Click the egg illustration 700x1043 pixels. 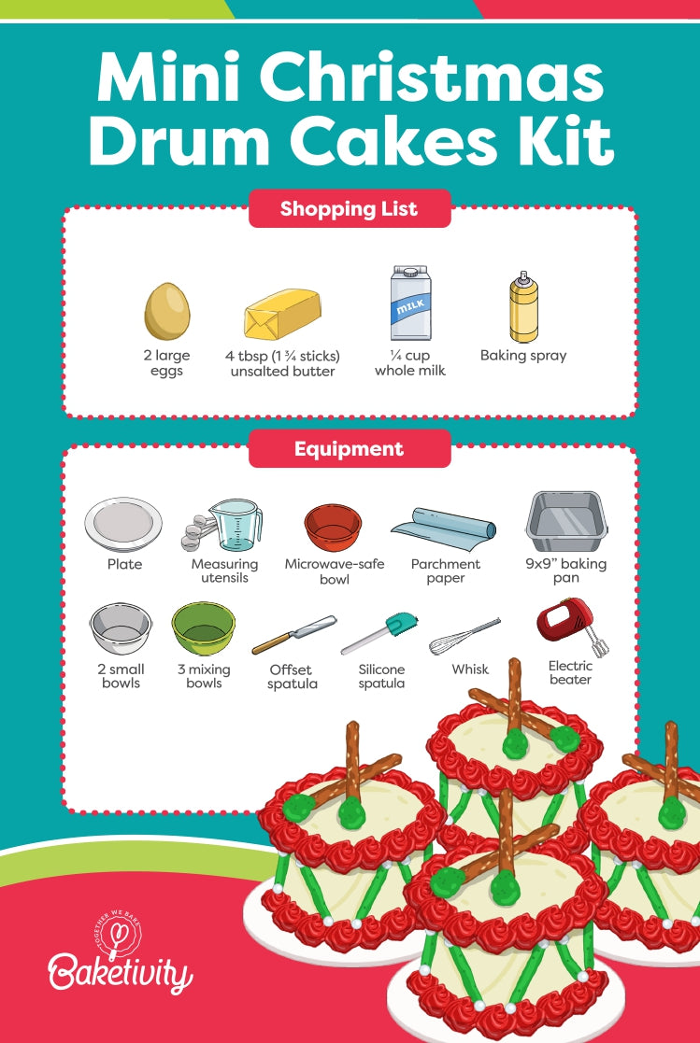click(167, 311)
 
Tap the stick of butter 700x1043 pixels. click(282, 314)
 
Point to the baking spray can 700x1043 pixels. click(523, 306)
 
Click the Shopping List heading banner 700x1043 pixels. click(350, 209)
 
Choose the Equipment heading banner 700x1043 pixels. click(350, 449)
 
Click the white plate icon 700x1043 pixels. click(124, 525)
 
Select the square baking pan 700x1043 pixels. click(567, 522)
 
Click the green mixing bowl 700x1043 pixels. click(203, 628)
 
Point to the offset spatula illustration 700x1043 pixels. click(293, 635)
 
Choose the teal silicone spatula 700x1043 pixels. click(379, 633)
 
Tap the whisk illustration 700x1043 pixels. click(464, 636)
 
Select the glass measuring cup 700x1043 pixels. click(235, 525)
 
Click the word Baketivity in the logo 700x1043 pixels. click(120, 975)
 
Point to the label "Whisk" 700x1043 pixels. click(469, 669)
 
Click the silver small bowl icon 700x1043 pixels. click(121, 628)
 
